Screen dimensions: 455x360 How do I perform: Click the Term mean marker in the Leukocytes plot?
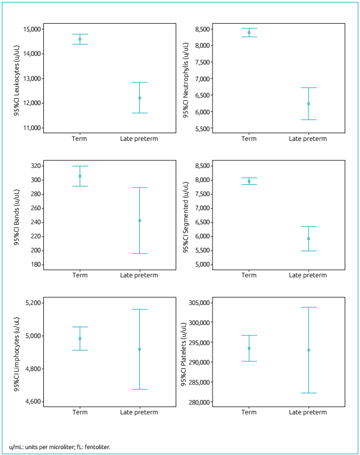pos(80,39)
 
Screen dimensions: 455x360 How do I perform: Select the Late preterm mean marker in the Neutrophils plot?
pos(308,103)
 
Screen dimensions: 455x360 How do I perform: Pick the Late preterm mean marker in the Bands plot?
pos(140,220)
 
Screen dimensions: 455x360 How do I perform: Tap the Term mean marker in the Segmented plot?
pos(249,181)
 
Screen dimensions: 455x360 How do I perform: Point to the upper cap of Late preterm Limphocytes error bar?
pos(140,309)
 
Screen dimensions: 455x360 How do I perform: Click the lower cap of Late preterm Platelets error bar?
pos(308,393)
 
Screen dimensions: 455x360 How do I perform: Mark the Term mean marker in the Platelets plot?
pos(249,348)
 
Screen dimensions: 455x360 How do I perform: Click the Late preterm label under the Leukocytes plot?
pos(139,139)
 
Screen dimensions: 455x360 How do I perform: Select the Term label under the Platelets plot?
pos(249,412)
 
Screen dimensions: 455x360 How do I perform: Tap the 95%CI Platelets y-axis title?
pos(185,351)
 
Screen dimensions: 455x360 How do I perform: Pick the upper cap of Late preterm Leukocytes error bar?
pos(140,82)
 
